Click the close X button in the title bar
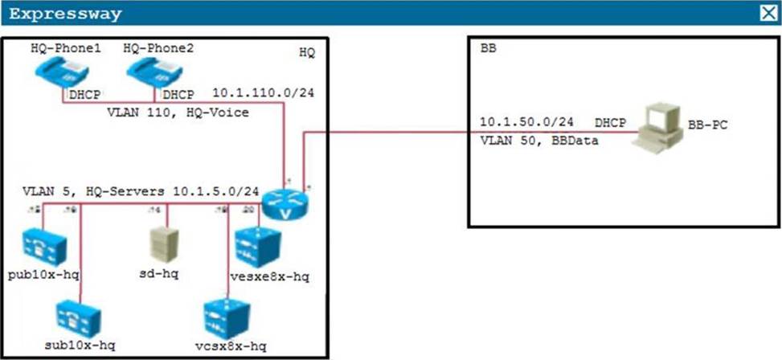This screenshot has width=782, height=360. (x=767, y=13)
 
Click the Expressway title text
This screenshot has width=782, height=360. (x=66, y=14)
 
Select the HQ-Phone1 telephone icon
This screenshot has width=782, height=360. (x=55, y=73)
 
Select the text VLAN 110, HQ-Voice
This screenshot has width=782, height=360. (x=178, y=113)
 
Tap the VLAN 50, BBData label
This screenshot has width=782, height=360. (x=531, y=139)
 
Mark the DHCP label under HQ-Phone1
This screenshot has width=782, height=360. (x=84, y=95)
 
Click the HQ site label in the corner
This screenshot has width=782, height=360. (x=307, y=52)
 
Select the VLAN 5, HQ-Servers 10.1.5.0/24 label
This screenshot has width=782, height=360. (x=141, y=192)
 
